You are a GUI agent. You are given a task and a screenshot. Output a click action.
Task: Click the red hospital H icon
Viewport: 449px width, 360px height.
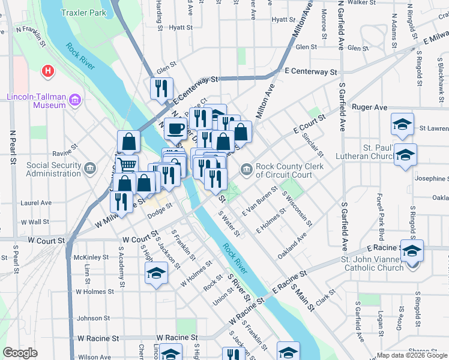[48, 72]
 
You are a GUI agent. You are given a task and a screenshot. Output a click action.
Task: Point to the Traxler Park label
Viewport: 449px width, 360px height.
[83, 12]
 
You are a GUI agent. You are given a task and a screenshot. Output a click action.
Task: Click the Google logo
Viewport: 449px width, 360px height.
[20, 353]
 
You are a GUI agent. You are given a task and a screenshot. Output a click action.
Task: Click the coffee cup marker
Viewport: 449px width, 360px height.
[175, 128]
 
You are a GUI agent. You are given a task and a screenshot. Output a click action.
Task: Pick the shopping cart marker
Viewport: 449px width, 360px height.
[127, 164]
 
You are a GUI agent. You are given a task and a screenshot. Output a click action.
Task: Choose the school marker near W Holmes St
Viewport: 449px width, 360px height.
[156, 273]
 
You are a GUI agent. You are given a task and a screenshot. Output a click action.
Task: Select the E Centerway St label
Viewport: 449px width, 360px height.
[311, 71]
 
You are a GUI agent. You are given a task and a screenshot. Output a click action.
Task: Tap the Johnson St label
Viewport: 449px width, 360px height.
[93, 318]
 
